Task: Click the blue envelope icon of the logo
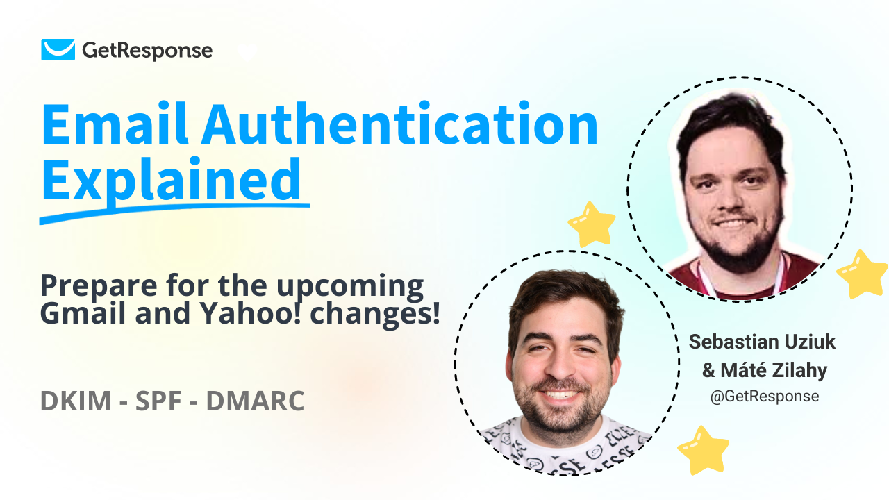[x=58, y=50]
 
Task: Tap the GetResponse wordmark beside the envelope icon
[x=147, y=50]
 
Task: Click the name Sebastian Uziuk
[x=763, y=342]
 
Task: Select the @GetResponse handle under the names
[x=764, y=397]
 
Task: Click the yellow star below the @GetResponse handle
[x=703, y=449]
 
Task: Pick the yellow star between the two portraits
[x=592, y=224]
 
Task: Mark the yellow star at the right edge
[x=862, y=274]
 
